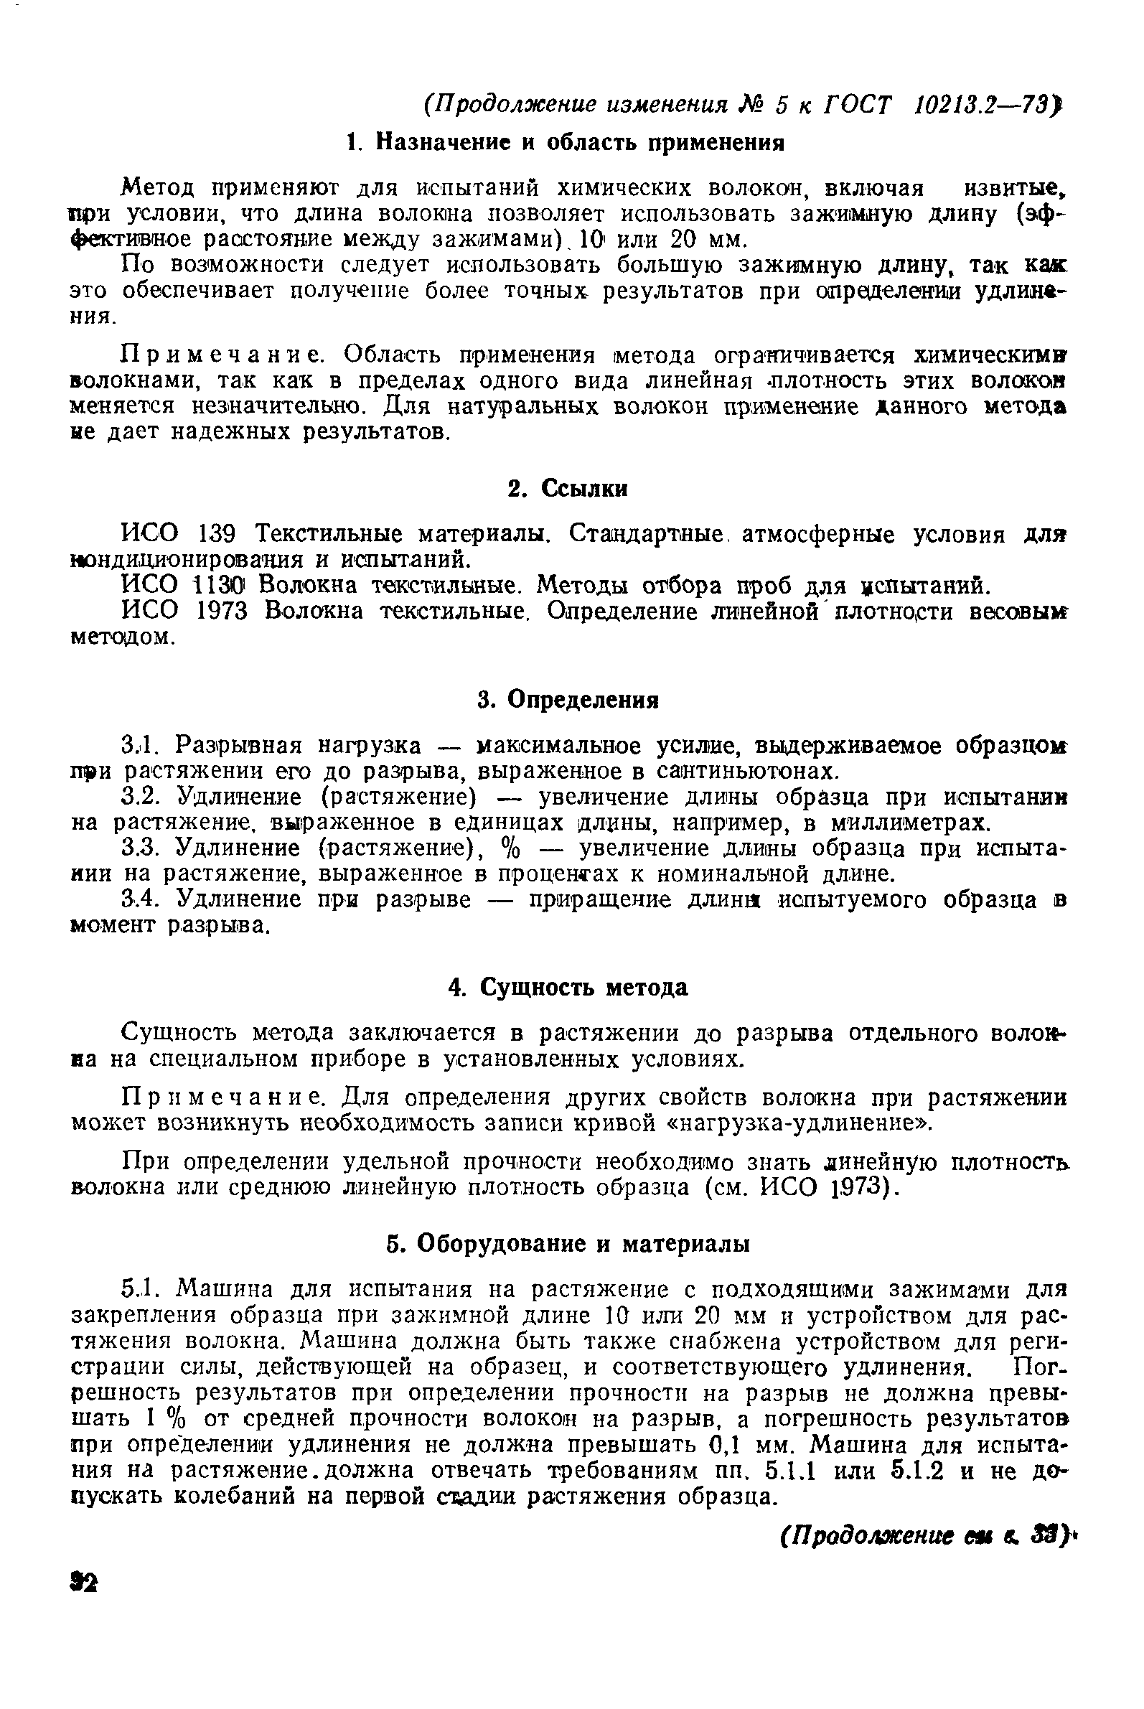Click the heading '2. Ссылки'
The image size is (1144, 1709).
(x=568, y=488)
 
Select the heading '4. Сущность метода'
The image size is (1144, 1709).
(x=568, y=988)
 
